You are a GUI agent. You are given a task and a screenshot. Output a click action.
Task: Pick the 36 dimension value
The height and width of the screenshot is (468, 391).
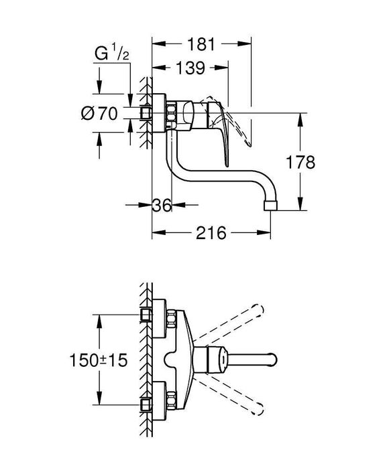coord(162,206)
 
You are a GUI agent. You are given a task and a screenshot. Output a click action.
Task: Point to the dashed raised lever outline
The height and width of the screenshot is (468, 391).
coord(243,131)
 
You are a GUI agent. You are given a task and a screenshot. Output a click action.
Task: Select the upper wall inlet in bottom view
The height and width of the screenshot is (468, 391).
coord(146,315)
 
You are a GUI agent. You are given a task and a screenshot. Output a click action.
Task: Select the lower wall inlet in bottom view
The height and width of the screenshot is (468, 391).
coord(146,404)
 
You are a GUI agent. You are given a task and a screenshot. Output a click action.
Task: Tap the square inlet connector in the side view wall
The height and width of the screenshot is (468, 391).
coord(146,114)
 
